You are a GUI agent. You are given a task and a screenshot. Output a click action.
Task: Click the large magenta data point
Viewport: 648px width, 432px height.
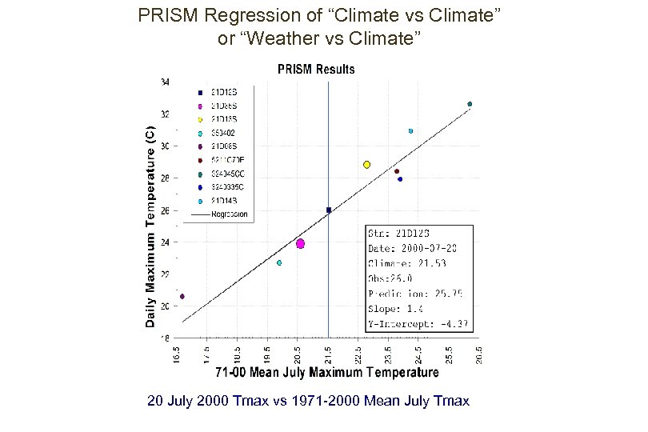pos(300,243)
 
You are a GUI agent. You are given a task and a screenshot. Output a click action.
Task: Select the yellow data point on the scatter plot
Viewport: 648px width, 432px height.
pos(366,165)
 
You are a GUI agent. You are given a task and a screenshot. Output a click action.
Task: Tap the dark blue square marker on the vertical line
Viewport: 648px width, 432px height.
pos(329,210)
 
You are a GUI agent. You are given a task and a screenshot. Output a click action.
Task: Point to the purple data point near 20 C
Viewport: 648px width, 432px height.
pos(182,296)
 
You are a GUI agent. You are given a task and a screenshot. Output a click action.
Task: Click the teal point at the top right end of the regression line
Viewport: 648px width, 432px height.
pos(470,104)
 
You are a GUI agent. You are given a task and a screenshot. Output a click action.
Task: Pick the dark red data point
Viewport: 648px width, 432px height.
pos(397,171)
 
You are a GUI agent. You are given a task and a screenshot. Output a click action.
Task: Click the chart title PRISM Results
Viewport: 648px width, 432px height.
pos(316,70)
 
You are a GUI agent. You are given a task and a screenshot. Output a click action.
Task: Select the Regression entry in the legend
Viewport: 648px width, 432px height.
pos(230,214)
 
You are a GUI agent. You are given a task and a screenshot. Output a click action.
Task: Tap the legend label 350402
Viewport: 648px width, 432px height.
pos(223,132)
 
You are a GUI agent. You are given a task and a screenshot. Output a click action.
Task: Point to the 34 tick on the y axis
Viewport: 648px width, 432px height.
pos(165,82)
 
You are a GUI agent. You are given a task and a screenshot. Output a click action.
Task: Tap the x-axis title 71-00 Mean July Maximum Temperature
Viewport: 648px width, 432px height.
pos(327,373)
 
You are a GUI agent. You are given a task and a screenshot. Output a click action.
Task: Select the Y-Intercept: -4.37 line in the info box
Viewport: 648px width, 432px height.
pos(418,324)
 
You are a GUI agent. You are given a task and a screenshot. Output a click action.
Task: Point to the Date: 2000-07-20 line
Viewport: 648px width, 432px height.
pos(412,248)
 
